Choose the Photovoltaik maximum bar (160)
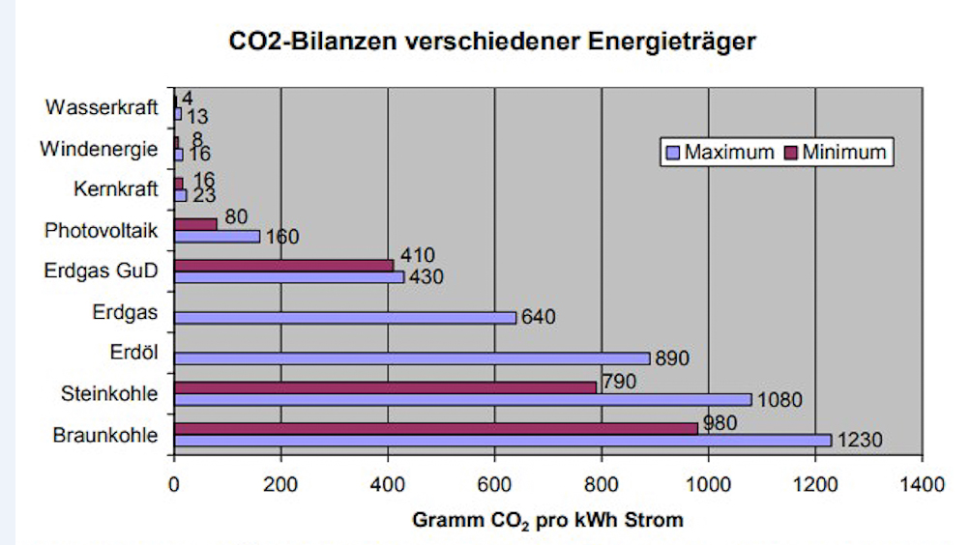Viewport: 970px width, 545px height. point(217,236)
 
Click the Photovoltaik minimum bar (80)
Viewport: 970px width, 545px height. point(195,224)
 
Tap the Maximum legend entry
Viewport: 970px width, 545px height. point(720,152)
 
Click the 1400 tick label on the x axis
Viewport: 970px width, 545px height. point(922,483)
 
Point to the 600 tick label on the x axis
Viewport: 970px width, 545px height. point(494,483)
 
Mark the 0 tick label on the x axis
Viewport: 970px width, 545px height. point(174,483)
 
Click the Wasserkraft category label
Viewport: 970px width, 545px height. point(101,107)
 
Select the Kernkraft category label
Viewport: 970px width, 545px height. point(115,188)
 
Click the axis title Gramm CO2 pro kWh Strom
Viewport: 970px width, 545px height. point(547,520)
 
